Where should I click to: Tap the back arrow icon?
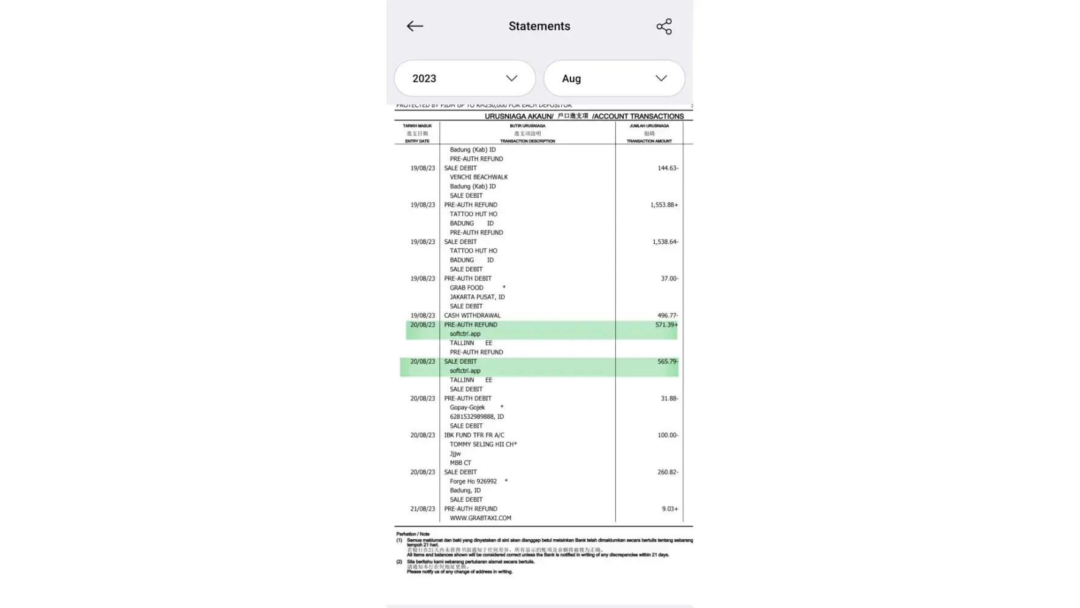[415, 26]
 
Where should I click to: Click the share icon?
[664, 26]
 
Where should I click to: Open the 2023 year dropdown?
[465, 78]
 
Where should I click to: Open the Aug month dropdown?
[614, 78]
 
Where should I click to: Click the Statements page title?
[539, 26]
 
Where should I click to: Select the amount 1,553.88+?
[664, 205]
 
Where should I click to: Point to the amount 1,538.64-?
[665, 242]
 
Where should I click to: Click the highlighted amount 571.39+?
[666, 325]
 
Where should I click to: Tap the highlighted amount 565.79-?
[668, 362]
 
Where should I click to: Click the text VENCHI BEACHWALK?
[479, 178]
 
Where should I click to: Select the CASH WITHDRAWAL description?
[472, 316]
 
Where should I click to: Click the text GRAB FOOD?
[467, 288]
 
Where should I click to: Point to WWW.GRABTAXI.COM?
[480, 518]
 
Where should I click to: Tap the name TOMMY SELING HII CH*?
[483, 444]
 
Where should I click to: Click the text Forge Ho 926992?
[473, 482]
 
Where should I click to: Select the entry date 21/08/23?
[422, 509]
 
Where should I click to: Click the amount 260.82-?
[668, 472]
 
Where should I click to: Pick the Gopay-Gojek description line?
[467, 408]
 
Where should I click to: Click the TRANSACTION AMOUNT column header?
[649, 141]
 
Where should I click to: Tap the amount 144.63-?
[668, 168]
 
